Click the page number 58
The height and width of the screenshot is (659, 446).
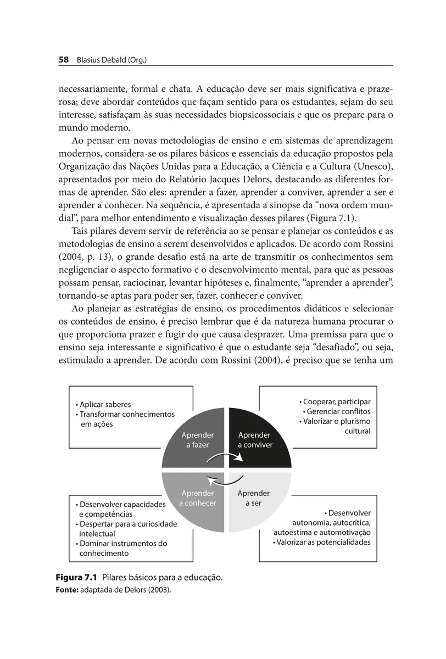click(63, 60)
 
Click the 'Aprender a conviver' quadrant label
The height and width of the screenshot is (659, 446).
click(255, 440)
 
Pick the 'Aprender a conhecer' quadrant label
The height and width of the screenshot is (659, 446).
click(198, 498)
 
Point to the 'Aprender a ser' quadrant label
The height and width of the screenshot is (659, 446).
click(253, 498)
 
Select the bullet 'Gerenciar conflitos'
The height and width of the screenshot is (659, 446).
click(336, 411)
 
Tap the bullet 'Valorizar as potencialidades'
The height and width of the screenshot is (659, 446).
click(321, 542)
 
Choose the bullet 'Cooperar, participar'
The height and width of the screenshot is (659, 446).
click(335, 401)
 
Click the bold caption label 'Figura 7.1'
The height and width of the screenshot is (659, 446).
click(76, 578)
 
